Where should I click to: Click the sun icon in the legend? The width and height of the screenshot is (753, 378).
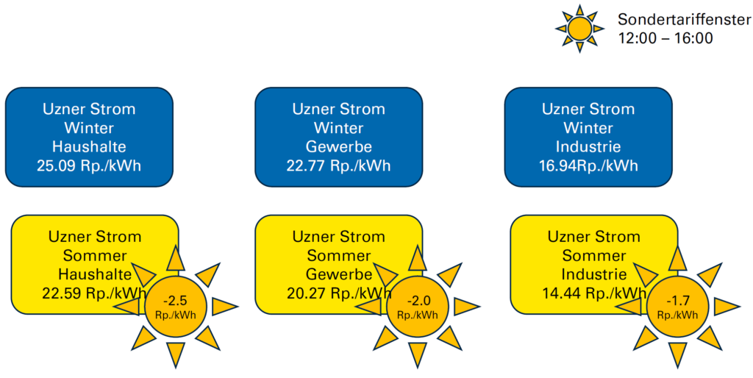pos(579,29)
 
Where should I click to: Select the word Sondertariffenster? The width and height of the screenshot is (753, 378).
pos(685,20)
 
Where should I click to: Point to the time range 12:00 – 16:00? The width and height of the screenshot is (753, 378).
pos(665,38)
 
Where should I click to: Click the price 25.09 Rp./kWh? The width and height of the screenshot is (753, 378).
pos(89,165)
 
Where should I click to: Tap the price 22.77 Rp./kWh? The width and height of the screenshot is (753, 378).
pos(338,165)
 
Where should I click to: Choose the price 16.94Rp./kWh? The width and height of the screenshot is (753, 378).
pos(588,165)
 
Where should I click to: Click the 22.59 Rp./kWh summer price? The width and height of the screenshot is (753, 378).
pos(95,293)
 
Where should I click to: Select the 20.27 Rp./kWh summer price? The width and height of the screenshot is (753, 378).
pos(339,293)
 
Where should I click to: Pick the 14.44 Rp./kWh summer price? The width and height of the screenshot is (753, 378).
pos(594,293)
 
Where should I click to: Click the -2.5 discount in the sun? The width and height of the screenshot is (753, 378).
pos(175,302)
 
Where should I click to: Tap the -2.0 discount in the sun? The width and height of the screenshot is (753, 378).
pos(418,302)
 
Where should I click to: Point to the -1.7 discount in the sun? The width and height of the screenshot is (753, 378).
pos(677,302)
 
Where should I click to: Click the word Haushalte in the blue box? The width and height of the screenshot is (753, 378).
pos(89,146)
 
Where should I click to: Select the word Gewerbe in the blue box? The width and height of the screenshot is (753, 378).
pos(338,147)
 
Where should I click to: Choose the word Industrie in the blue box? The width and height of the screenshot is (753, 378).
pos(588,146)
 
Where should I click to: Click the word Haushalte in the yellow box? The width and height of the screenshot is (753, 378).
pos(95,274)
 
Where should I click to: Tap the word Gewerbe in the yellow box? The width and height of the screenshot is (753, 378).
pos(339,274)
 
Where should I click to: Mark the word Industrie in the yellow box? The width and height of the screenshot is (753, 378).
pos(594,274)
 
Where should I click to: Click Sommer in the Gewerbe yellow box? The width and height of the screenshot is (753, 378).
pos(339,255)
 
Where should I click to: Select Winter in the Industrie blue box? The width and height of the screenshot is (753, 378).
pos(588,128)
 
